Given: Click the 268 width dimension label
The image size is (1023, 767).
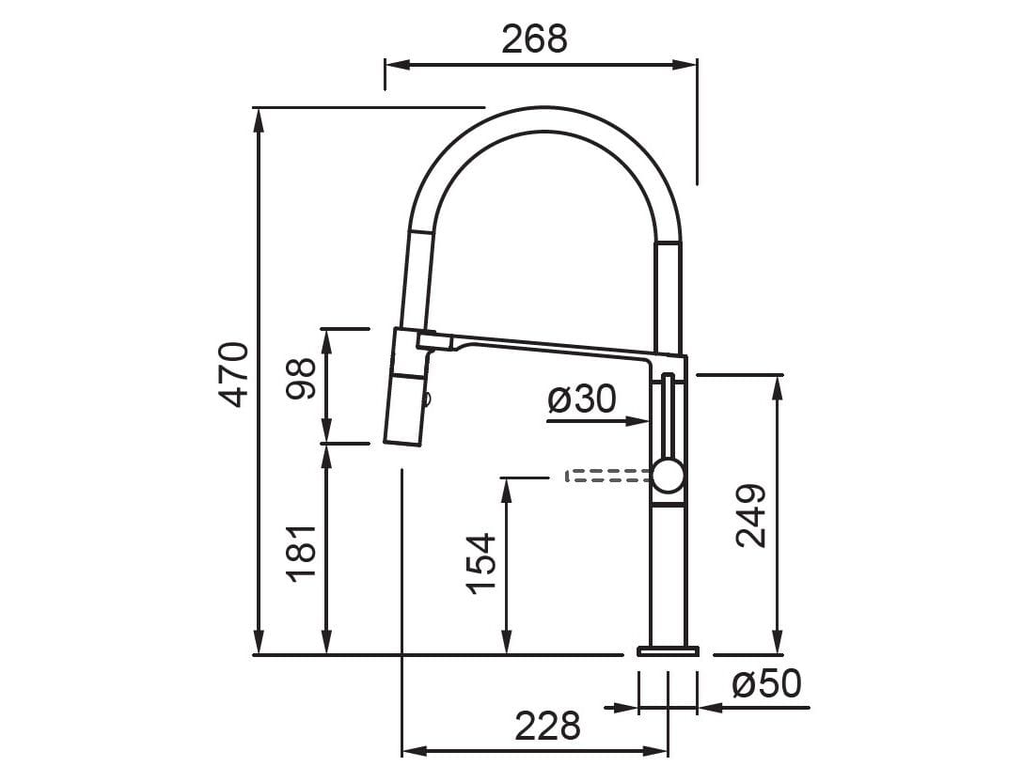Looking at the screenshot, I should click(534, 38).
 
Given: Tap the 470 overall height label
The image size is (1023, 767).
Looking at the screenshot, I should click(234, 374).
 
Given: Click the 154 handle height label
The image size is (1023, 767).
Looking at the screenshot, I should click(481, 562).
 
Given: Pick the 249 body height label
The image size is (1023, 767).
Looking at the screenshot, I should click(751, 516).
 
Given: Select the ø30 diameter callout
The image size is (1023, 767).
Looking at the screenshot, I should click(581, 399).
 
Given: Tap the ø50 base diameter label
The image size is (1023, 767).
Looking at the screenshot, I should click(766, 684).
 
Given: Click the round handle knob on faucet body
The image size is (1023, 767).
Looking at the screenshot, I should click(668, 476).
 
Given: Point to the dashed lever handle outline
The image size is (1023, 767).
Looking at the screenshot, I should click(606, 477).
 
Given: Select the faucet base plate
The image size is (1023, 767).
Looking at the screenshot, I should click(668, 650).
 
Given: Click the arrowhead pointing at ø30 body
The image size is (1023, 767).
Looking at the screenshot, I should click(641, 422).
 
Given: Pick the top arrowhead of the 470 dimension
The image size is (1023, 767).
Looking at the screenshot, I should click(258, 117).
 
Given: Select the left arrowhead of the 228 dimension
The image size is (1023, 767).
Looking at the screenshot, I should click(410, 751).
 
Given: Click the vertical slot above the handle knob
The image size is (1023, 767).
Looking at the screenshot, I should click(668, 414).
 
